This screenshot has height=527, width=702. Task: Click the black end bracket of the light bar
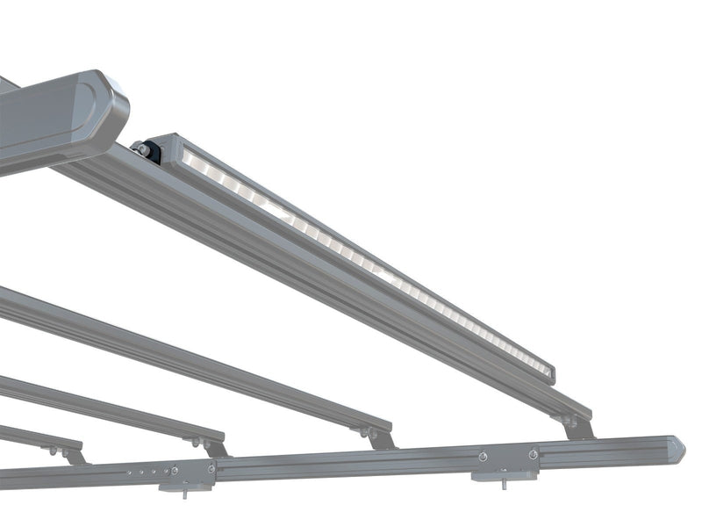coord(151,151)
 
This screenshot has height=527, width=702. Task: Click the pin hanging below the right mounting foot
coord(503,482)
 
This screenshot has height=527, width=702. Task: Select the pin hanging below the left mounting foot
coord(185,490)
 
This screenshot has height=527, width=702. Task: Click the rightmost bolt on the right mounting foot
coord(533,454)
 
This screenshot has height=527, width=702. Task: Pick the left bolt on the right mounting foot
coord(482,457)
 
